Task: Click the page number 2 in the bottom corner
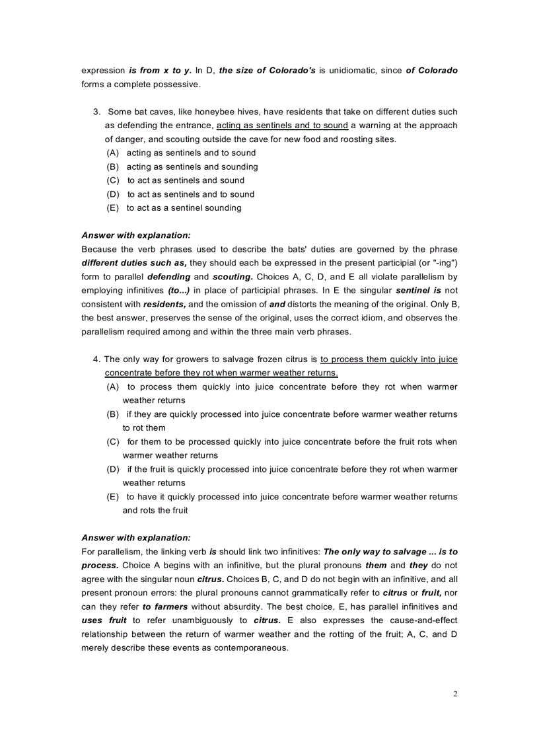[455, 694]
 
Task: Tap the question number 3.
[96, 112]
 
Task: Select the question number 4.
[96, 359]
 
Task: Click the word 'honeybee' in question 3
[206, 112]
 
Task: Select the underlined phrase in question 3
[282, 126]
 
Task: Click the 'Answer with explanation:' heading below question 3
[135, 235]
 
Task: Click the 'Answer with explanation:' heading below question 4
[135, 537]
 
